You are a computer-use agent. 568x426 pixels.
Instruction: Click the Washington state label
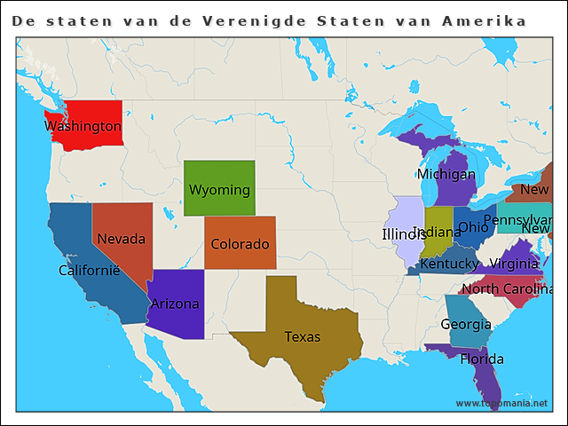click(83, 126)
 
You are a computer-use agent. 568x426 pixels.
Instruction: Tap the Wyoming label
click(219, 190)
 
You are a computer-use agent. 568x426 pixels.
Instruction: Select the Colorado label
click(240, 244)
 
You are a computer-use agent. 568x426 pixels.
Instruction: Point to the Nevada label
click(121, 239)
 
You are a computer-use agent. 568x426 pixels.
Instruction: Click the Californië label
click(89, 270)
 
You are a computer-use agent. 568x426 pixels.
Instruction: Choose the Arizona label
click(175, 304)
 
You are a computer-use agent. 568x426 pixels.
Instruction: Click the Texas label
click(303, 336)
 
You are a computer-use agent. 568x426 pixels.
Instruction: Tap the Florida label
click(482, 359)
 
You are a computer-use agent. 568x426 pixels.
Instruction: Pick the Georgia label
click(466, 325)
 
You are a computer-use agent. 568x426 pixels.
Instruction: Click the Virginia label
click(513, 264)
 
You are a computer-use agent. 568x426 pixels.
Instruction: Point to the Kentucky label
click(450, 264)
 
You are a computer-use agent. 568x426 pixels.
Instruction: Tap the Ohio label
click(473, 227)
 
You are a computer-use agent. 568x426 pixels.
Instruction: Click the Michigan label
click(446, 174)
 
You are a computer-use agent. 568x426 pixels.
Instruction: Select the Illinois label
click(404, 234)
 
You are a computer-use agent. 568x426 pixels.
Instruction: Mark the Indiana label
click(437, 232)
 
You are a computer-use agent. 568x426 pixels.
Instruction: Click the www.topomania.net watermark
click(501, 403)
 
